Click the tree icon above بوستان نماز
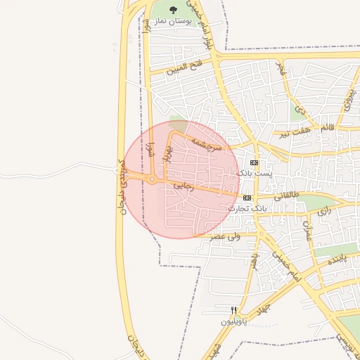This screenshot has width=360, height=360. coord(174,10)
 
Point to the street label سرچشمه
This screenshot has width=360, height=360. coord(208,143)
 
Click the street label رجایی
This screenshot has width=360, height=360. coord(183,186)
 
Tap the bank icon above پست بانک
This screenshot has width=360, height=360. coord(254,162)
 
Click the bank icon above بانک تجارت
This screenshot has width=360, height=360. coord(247,198)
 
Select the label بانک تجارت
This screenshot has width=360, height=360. coord(248,208)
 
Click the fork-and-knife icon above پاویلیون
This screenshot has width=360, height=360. coord(234,311)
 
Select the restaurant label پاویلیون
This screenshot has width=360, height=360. coord(235,321)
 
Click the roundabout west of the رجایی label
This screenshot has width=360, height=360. coord(153,180)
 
